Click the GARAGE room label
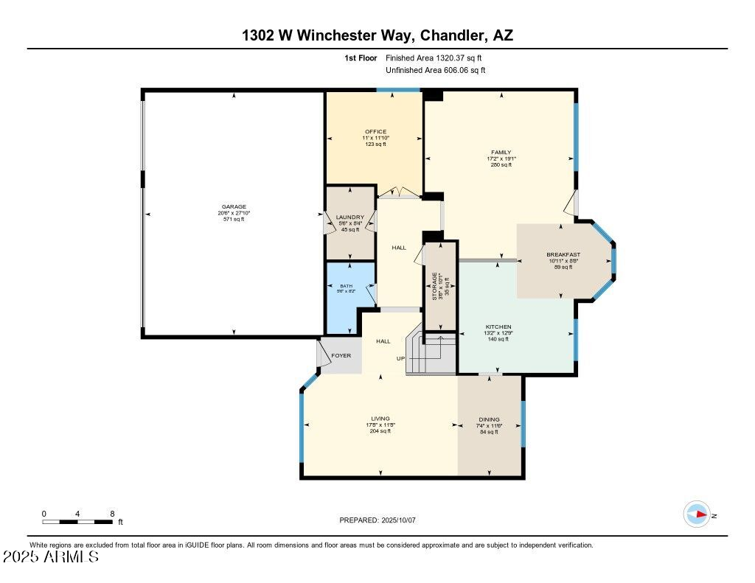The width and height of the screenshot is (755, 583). click(x=234, y=206)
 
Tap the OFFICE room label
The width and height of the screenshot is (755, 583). click(x=375, y=132)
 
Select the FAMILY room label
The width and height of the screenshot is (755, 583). click(x=501, y=153)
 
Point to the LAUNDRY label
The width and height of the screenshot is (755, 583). click(x=349, y=217)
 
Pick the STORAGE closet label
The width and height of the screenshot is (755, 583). click(x=436, y=283)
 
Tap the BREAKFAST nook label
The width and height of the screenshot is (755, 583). click(x=563, y=254)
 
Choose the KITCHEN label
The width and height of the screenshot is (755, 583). click(x=498, y=327)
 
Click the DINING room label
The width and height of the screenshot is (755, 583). click(x=490, y=419)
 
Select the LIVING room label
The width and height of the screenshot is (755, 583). click(x=380, y=419)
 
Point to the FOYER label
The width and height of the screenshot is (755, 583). click(x=341, y=355)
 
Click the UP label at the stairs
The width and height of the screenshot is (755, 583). click(x=401, y=359)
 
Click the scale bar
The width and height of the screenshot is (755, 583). click(x=78, y=522)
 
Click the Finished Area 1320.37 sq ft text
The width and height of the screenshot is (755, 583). click(x=435, y=57)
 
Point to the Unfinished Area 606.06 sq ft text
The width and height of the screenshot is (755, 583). click(x=435, y=71)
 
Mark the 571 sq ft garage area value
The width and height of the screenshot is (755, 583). click(x=234, y=220)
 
